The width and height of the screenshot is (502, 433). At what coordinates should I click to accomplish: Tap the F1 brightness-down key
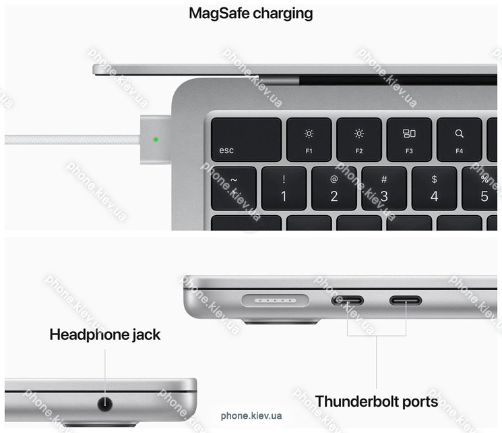pos(309,140)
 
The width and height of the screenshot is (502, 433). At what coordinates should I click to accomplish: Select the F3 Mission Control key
pos(409,140)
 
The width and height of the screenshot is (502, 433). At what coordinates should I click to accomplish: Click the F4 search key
pos(459,140)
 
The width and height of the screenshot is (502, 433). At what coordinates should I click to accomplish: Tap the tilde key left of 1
pos(234,188)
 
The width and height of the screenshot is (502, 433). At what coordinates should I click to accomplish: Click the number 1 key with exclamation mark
pos(284,188)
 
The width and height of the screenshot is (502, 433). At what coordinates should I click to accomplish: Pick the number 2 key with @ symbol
pos(334,188)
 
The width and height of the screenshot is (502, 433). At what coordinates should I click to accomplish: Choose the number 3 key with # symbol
pos(384,188)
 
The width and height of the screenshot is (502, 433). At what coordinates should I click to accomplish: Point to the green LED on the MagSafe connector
pos(156,140)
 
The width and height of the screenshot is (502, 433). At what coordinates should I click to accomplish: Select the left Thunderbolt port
pos(347,300)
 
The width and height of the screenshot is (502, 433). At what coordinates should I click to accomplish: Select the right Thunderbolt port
pos(405,300)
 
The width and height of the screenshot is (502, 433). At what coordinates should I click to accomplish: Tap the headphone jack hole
pos(105,404)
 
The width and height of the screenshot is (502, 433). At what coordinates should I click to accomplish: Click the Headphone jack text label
pos(105,335)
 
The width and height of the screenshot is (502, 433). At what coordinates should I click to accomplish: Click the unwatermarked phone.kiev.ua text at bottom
pos(251,416)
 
